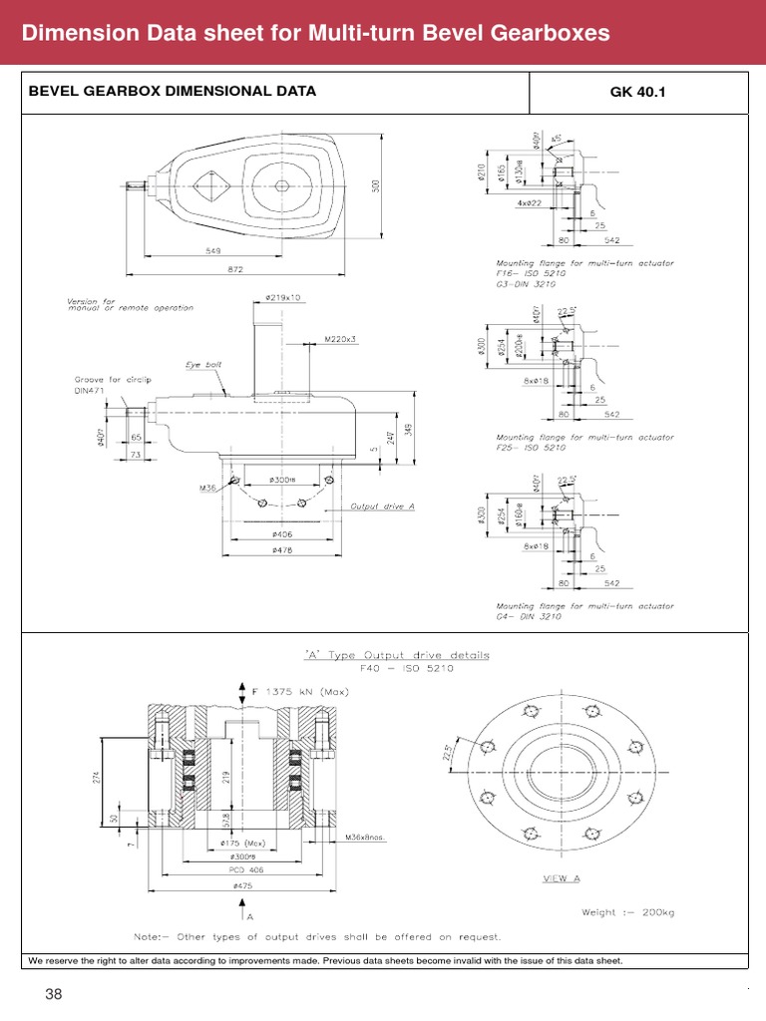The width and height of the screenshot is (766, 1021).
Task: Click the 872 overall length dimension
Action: click(235, 269)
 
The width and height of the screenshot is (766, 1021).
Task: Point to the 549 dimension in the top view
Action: click(213, 251)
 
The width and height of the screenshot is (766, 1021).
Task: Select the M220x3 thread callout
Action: click(340, 340)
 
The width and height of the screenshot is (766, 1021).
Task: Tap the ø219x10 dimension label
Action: click(283, 298)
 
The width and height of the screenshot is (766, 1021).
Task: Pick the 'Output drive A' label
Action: click(382, 507)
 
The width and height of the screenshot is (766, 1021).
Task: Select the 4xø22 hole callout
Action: click(531, 203)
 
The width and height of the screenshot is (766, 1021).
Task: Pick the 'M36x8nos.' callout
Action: click(365, 837)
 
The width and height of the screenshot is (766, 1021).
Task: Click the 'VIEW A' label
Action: click(562, 878)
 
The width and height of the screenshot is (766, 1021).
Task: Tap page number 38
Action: click(52, 993)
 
